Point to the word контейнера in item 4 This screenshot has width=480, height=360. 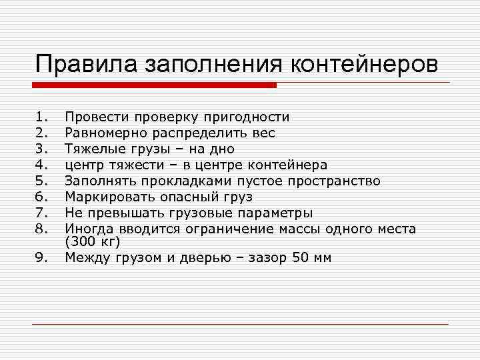[287, 165]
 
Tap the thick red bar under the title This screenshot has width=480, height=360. [154, 85]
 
